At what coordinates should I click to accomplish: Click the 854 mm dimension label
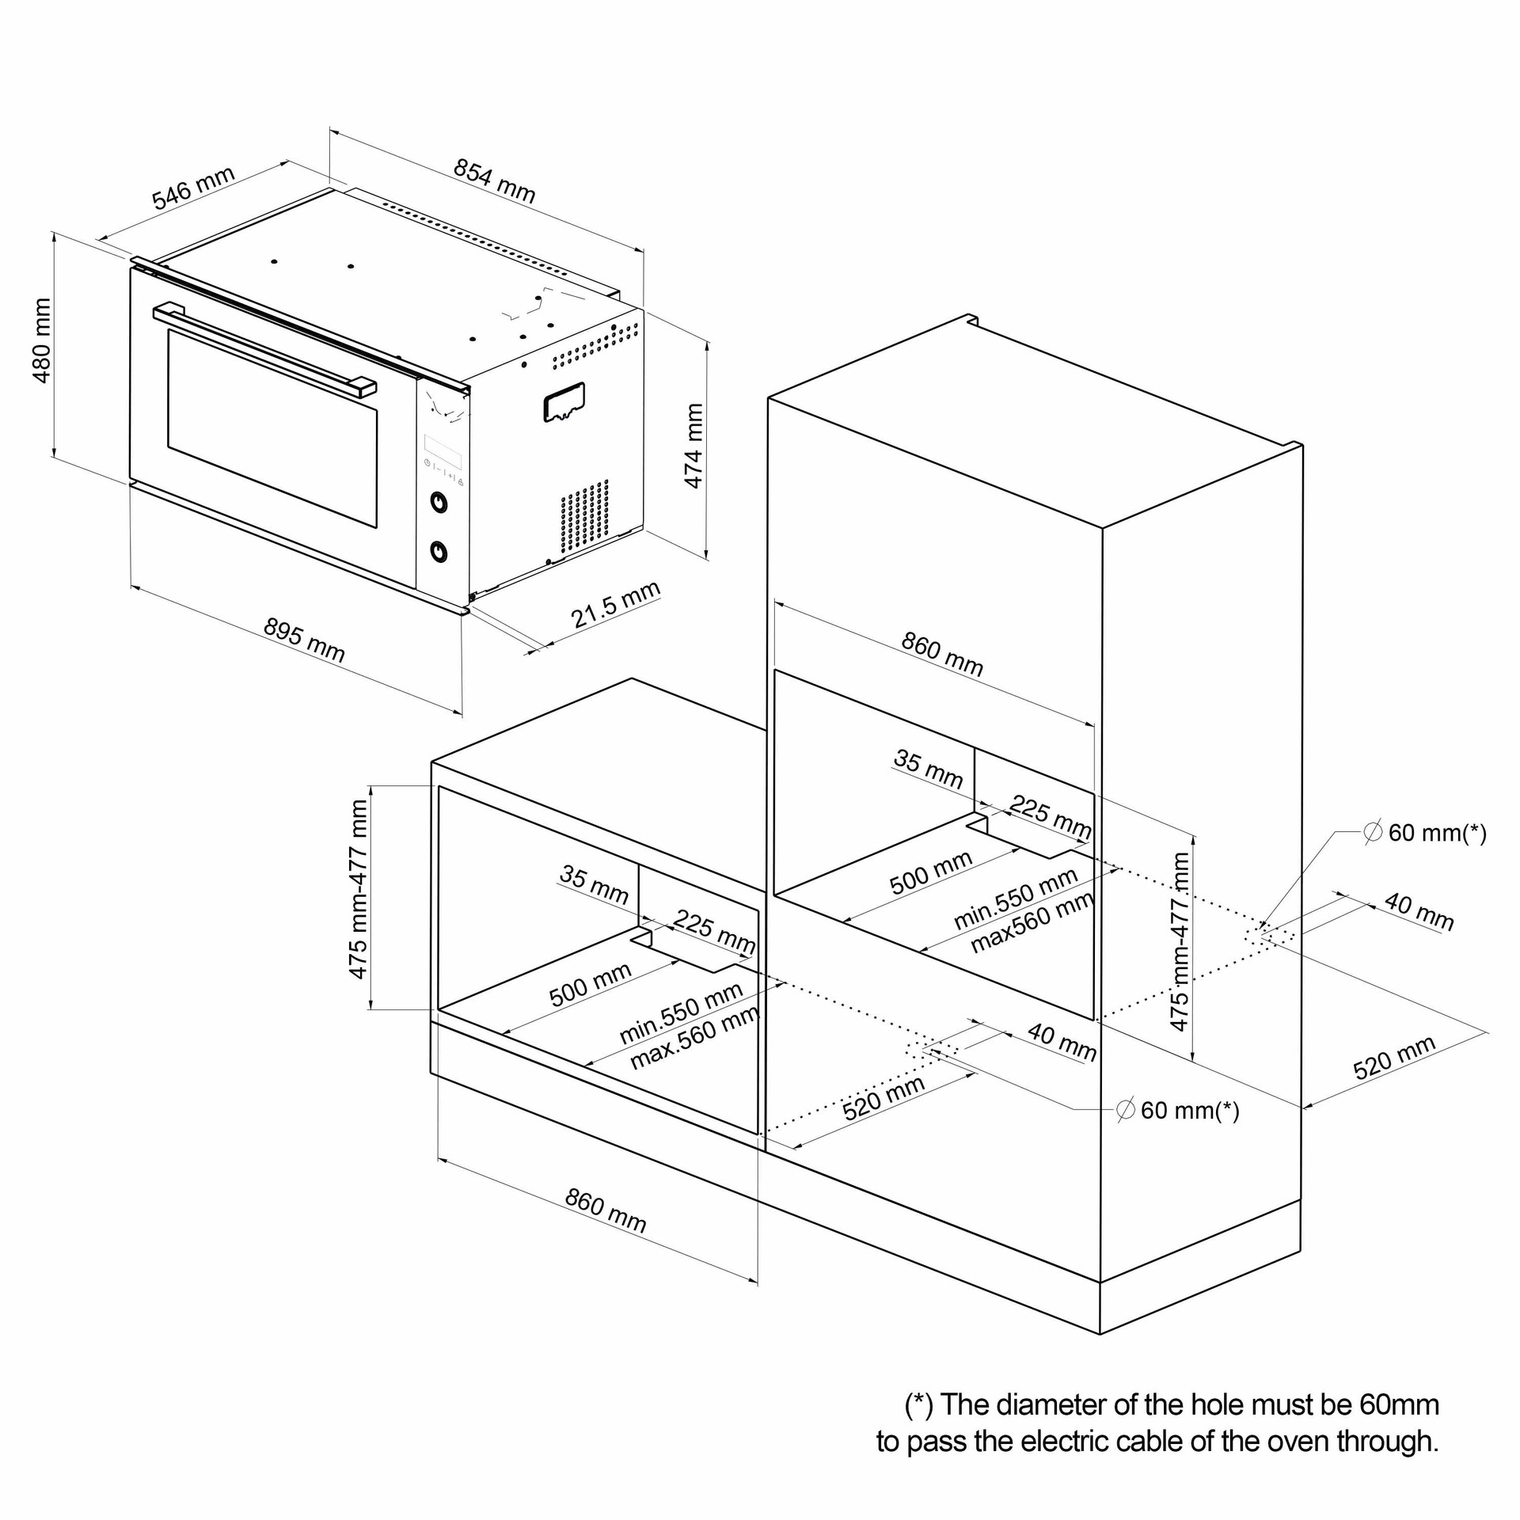click(494, 180)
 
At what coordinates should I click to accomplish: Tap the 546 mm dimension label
click(193, 188)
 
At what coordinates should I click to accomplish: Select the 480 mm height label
click(41, 340)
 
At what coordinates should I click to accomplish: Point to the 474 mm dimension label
click(693, 446)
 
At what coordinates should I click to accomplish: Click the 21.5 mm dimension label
click(615, 606)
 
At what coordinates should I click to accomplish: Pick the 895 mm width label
click(304, 640)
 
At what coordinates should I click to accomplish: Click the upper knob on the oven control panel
click(437, 502)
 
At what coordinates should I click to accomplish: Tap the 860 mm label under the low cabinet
click(606, 1211)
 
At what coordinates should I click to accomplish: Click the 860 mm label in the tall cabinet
click(942, 654)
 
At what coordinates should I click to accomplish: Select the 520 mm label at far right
click(1394, 1058)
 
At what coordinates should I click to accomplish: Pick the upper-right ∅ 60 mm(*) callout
click(1425, 833)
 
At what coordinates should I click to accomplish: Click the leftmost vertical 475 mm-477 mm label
click(359, 889)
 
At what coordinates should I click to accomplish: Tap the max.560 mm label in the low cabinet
click(694, 1038)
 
